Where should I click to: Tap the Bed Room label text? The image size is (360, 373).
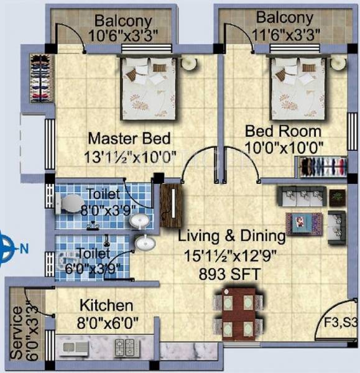point(283,131)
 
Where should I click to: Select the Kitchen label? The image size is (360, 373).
point(106,306)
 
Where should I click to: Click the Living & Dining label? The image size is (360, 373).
point(231,236)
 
